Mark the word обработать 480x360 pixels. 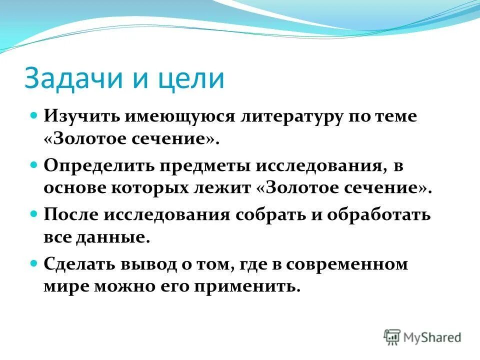[379, 214]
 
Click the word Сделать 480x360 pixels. [78, 264]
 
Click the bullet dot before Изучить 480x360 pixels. [34, 115]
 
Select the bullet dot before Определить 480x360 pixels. [34, 164]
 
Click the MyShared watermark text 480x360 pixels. [433, 338]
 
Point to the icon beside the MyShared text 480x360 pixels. [392, 337]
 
